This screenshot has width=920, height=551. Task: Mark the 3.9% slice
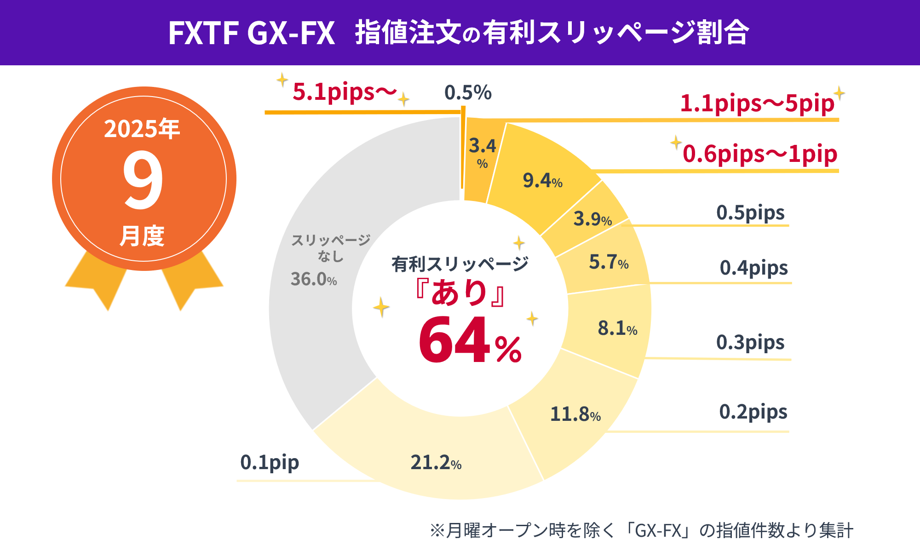(589, 219)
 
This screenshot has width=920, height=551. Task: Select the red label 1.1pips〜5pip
(757, 103)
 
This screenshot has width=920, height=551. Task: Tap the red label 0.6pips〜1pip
(759, 154)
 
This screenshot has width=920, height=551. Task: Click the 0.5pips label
(750, 213)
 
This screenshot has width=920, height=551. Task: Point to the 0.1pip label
(270, 462)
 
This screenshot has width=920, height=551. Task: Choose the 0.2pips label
(753, 412)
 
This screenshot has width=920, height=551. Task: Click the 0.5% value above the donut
(468, 93)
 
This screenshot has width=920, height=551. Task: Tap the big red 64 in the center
(454, 340)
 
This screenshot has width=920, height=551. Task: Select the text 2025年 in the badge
(142, 129)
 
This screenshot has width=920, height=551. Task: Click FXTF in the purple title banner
(203, 33)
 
